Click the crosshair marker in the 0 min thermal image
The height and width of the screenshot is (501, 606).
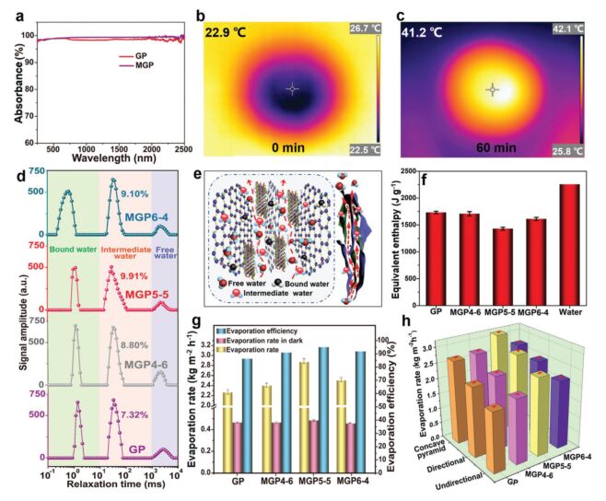click(292, 88)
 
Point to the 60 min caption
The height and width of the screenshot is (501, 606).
click(489, 148)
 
